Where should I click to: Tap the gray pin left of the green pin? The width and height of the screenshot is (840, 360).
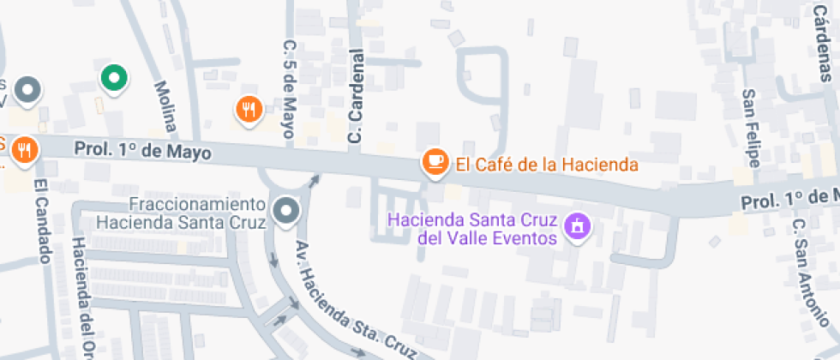(29, 88)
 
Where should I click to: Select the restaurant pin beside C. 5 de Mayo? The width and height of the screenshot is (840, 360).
(249, 108)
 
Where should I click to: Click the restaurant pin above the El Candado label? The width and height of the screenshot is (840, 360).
(24, 149)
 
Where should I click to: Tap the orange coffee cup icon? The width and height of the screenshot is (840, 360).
(435, 160)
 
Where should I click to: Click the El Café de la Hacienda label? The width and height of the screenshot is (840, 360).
(547, 164)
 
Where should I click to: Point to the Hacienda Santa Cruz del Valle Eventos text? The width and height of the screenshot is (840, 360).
(472, 227)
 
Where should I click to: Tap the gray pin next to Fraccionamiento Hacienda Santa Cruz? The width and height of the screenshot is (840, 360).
(285, 210)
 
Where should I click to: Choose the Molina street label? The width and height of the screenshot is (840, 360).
(165, 106)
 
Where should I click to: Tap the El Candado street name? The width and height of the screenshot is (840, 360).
(43, 220)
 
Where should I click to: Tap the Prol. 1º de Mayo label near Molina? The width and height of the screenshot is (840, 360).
(142, 150)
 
